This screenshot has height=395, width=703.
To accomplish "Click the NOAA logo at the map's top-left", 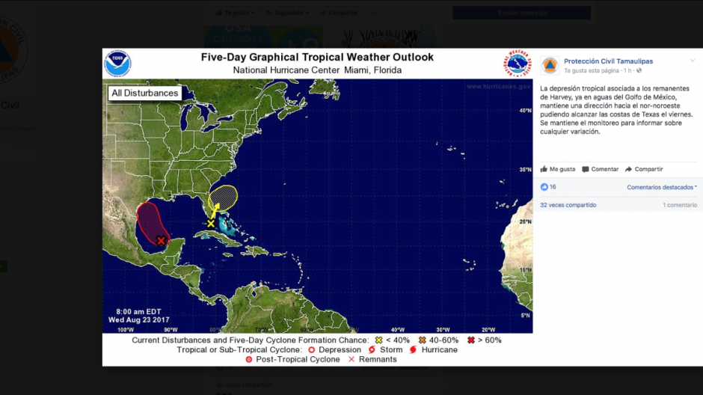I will point(117,64).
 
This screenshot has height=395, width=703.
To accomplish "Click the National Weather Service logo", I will point(517,64).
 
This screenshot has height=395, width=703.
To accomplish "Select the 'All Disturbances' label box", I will point(144,94).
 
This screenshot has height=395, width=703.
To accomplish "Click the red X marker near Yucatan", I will point(161,240).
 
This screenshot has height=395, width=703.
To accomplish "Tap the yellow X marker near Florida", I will point(211,224).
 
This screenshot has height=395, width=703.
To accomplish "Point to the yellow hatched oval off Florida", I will point(224,197).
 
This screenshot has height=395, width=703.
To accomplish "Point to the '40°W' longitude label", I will point(397,329).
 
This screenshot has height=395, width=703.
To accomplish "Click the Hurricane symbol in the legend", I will point(414,350).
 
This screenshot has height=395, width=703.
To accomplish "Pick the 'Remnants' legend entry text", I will point(378,360).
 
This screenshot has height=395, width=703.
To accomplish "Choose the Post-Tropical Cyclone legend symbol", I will point(249,360).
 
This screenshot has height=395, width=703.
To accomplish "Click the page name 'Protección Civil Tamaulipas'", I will point(608,61).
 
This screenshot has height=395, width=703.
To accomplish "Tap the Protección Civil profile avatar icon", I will point(550,65).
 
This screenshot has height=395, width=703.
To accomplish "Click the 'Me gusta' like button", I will point(558,169).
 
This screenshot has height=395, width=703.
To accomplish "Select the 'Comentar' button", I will point(601,169).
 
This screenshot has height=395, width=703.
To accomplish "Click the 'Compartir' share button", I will point(644,169).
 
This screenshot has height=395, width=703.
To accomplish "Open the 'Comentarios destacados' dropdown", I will point(662,187).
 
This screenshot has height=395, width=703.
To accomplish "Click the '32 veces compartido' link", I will point(568,205).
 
